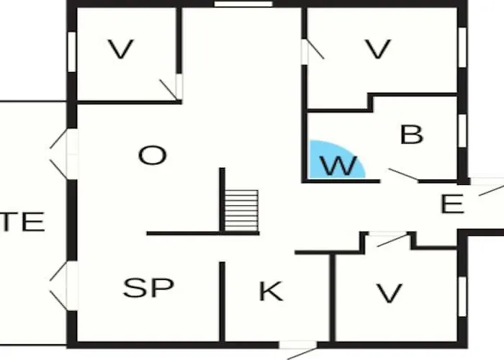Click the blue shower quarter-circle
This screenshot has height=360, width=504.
[334, 160]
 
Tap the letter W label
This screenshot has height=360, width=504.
[339, 166]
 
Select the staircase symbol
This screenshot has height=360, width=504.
[241, 210]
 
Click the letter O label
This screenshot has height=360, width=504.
[153, 156]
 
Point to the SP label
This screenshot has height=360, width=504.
[148, 287]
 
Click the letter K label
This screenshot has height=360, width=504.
[271, 291]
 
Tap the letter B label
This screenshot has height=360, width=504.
[412, 135]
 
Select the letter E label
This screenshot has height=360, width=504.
[452, 204]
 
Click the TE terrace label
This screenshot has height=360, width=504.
[22, 222]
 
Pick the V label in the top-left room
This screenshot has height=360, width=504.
[120, 49]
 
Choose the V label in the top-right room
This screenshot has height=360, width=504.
[378, 49]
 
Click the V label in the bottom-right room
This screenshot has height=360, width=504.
[390, 293]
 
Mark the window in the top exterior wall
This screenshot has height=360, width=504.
[243, 4]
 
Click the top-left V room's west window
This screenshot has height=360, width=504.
[72, 52]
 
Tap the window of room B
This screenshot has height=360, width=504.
[462, 131]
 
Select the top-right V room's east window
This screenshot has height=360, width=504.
[462, 48]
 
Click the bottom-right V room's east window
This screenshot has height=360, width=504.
[462, 297]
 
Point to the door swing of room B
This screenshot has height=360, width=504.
[403, 174]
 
